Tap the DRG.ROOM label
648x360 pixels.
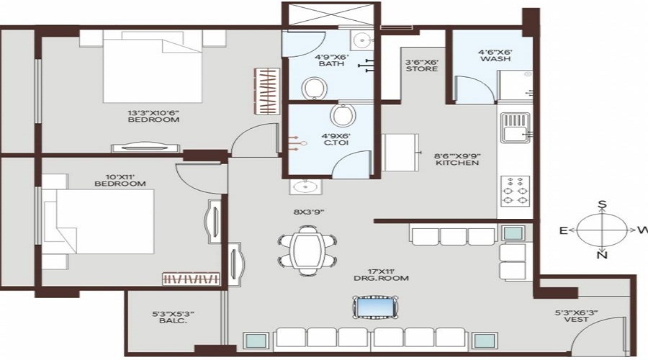(381, 278)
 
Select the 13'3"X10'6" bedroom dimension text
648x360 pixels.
(153, 112)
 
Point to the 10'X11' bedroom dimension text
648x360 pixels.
(120, 176)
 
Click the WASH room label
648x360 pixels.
(495, 59)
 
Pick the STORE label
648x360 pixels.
(421, 68)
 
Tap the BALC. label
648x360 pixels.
(173, 320)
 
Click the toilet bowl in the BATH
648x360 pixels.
(315, 88)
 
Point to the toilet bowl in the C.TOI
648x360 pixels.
(343, 115)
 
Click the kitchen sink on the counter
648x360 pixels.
(516, 127)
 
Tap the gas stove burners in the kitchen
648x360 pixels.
(516, 191)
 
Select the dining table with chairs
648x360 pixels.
(307, 250)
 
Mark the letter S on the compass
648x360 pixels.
(603, 204)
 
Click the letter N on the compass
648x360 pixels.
(603, 256)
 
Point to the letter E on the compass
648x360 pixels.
(563, 230)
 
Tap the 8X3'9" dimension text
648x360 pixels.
(309, 212)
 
